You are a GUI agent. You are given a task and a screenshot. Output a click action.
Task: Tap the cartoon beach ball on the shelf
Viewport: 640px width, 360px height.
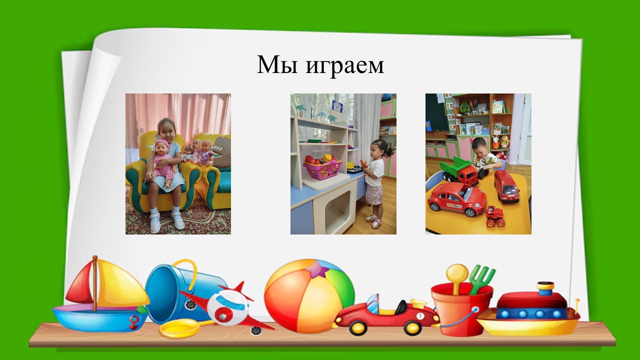(x=309, y=296)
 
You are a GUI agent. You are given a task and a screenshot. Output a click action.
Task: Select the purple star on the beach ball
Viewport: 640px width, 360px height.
(x=318, y=269)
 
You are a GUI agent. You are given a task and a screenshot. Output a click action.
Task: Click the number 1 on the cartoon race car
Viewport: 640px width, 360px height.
(x=420, y=316)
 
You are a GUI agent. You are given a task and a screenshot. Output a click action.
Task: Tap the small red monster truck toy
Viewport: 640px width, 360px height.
(x=495, y=216)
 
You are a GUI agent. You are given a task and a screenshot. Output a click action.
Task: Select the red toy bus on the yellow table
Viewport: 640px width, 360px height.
(x=506, y=187)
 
